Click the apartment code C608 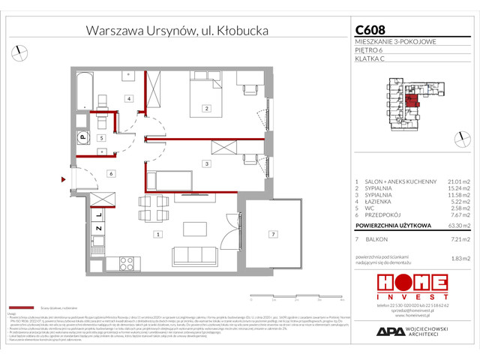370,31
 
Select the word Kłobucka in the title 242,31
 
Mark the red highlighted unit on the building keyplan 411,97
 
